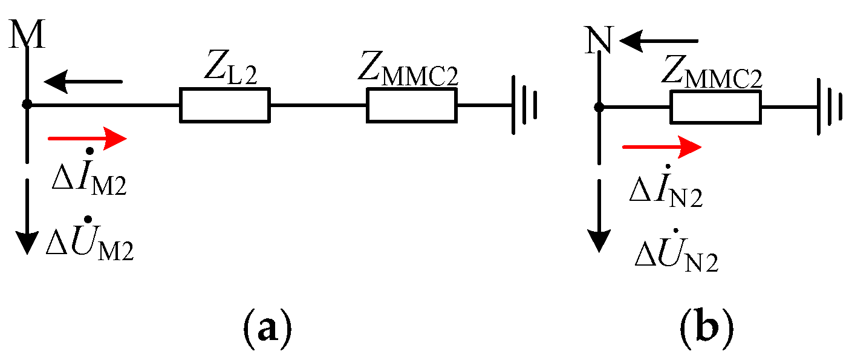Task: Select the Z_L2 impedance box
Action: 224,105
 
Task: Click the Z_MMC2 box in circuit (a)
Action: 411,105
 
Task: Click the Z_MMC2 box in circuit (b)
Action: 715,108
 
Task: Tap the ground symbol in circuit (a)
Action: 524,105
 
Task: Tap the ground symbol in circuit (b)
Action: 827,108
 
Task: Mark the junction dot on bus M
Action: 27,105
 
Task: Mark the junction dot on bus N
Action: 599,108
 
